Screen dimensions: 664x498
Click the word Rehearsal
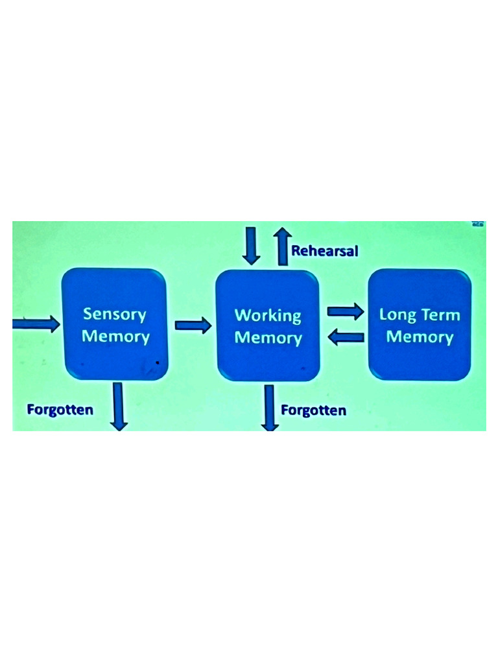324,250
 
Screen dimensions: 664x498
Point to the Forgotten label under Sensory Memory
60,409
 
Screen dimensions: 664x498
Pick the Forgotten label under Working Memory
313,410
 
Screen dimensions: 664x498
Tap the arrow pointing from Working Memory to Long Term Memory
345,312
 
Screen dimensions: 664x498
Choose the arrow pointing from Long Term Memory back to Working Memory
345,336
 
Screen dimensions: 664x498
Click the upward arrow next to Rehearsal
281,246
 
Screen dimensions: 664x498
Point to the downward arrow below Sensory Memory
119,406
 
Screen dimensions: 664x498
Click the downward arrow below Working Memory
270,407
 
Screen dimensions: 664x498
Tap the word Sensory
115,314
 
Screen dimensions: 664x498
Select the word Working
268,316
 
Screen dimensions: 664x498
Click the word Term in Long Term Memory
439,315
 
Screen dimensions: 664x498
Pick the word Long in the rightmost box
397,315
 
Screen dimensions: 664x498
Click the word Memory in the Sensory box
115,337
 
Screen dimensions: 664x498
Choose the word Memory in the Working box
268,338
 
